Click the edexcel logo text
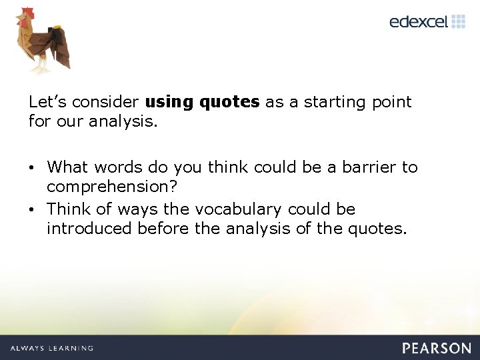(x=418, y=21)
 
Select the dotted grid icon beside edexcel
(x=458, y=21)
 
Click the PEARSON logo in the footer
(x=437, y=347)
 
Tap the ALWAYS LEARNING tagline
(x=51, y=348)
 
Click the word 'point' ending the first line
(x=392, y=102)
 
